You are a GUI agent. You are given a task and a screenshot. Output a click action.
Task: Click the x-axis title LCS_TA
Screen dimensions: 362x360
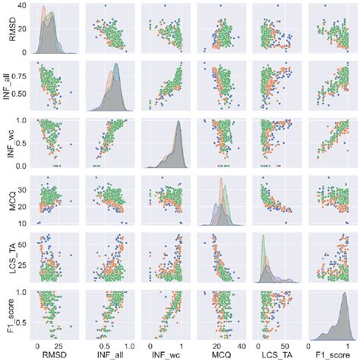tap(273, 354)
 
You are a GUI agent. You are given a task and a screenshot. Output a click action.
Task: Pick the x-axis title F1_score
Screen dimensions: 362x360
tap(327, 354)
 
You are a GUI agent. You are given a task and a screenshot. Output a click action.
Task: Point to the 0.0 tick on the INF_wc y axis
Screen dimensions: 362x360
tap(23, 166)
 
